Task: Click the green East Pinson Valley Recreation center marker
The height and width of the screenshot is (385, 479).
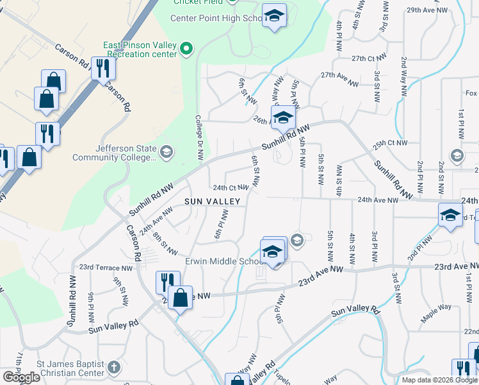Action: tap(186, 48)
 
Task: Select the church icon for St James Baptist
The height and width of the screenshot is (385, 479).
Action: tap(113, 367)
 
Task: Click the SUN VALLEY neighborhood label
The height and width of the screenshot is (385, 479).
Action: tap(213, 201)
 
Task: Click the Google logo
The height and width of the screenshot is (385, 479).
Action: tap(21, 377)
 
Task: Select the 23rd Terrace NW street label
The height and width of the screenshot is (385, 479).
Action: tap(106, 267)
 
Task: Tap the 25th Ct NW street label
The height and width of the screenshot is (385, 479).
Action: tap(391, 142)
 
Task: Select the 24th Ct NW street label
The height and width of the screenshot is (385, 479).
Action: tap(231, 187)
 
